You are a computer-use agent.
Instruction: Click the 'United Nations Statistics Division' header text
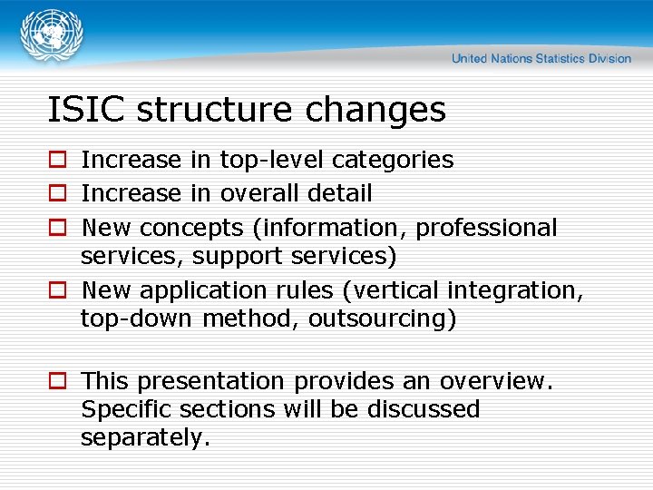[541, 58]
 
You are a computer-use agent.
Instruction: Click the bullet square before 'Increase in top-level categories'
[57, 161]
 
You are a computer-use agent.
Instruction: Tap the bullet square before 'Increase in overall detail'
[57, 194]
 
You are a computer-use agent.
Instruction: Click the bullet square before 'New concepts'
[57, 228]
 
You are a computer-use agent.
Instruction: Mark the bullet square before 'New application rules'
[57, 290]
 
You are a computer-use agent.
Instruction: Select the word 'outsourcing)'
[382, 319]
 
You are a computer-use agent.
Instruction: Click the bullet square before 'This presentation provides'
[57, 381]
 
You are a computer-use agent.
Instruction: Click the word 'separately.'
[145, 437]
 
